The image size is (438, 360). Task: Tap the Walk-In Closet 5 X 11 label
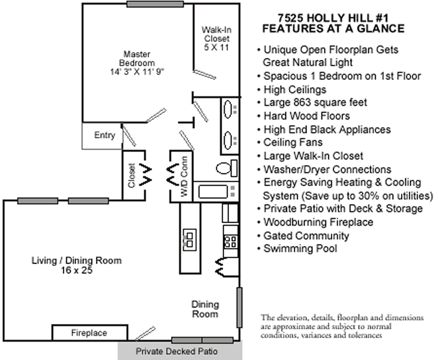(217, 38)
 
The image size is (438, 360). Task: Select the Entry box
(104, 136)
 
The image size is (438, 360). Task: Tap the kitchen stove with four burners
(230, 241)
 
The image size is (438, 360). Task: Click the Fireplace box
(89, 333)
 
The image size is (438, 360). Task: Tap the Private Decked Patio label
(177, 352)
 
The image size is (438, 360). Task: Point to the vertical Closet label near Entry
(132, 176)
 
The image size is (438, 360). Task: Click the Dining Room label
(205, 309)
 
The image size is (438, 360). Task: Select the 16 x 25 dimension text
(76, 270)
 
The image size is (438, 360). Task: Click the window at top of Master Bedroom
(155, 5)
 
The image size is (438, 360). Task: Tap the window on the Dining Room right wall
(239, 307)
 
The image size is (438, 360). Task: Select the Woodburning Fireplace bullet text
(318, 222)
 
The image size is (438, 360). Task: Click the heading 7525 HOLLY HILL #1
(333, 19)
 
